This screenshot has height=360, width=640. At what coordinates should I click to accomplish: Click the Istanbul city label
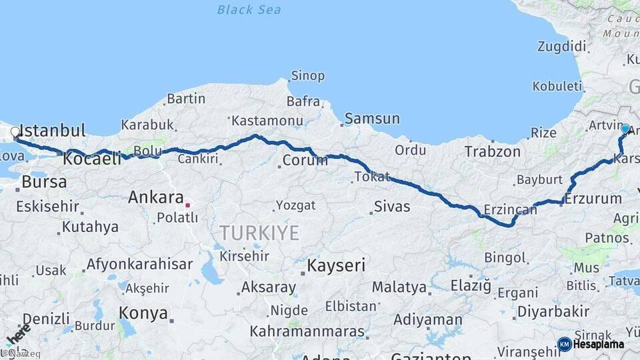53,130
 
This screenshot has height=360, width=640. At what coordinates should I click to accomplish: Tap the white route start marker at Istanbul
15,132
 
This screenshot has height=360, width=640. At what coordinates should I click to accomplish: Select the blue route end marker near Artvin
625,129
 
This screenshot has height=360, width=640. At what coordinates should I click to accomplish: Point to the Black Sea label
249,10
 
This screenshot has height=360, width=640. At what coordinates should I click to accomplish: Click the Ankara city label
155,197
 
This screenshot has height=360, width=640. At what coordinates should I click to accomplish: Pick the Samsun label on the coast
372,119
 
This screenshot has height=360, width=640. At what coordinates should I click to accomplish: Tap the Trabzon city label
493,152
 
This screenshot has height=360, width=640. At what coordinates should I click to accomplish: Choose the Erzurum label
593,198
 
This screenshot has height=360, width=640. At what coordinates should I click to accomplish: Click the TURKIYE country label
259,233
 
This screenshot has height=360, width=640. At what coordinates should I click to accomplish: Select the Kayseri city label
336,265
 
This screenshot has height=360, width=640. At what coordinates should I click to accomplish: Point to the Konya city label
143,312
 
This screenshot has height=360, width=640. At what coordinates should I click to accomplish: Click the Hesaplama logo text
598,344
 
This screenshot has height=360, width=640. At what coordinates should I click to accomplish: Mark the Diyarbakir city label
553,311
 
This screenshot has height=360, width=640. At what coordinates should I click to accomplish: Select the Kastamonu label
267,121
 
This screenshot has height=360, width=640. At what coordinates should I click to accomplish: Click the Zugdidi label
562,47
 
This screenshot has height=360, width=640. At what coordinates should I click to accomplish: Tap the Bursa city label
44,181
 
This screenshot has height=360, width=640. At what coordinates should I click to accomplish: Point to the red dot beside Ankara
188,205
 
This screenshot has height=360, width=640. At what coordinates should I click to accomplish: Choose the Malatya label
399,287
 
